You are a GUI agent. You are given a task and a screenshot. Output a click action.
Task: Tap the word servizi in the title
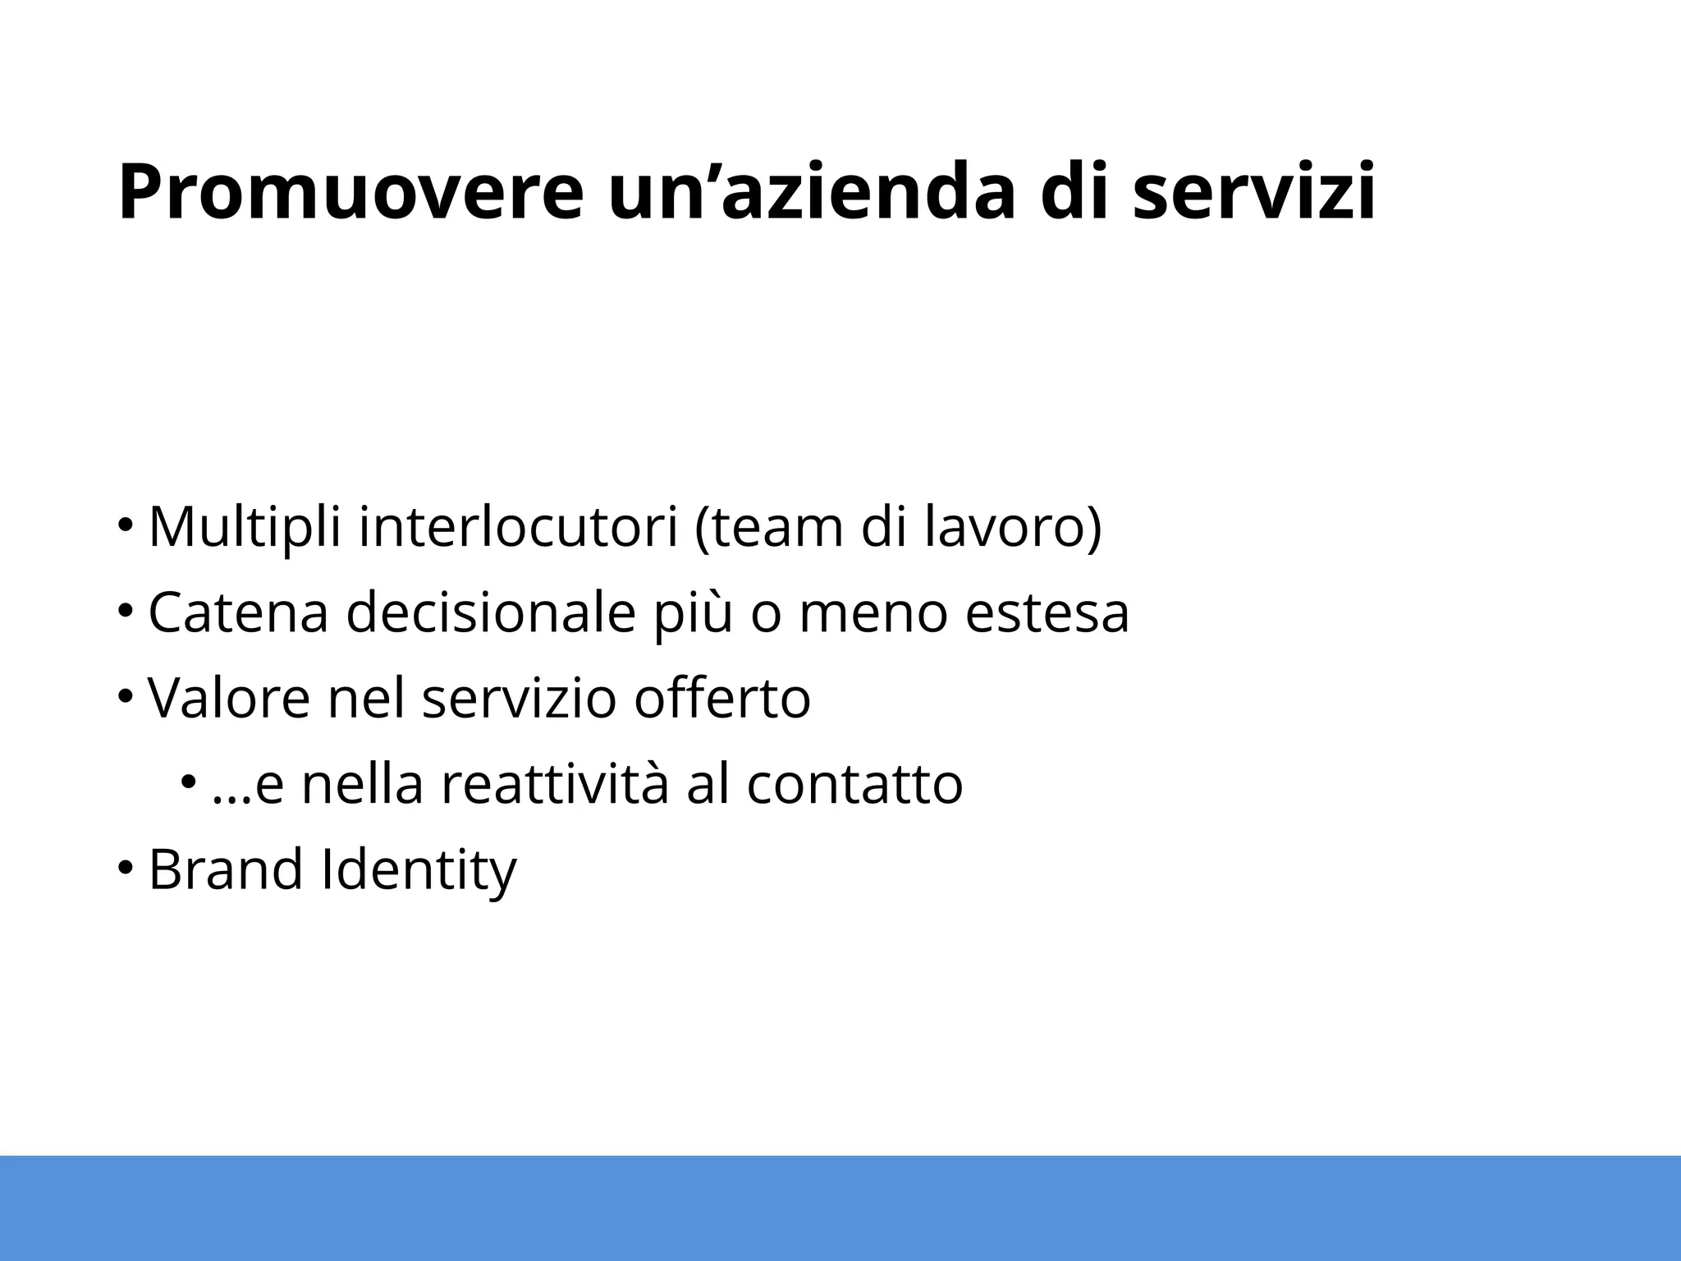click(x=1253, y=192)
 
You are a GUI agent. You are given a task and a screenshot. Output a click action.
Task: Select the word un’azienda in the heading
click(x=812, y=192)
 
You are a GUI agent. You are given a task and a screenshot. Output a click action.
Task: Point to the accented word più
click(x=693, y=614)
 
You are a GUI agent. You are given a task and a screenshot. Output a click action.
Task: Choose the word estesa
click(x=1048, y=612)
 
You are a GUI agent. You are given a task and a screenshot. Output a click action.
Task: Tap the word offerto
click(x=722, y=699)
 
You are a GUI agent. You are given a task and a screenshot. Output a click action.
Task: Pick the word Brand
click(x=226, y=869)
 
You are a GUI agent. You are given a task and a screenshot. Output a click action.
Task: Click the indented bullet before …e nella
click(x=187, y=781)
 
